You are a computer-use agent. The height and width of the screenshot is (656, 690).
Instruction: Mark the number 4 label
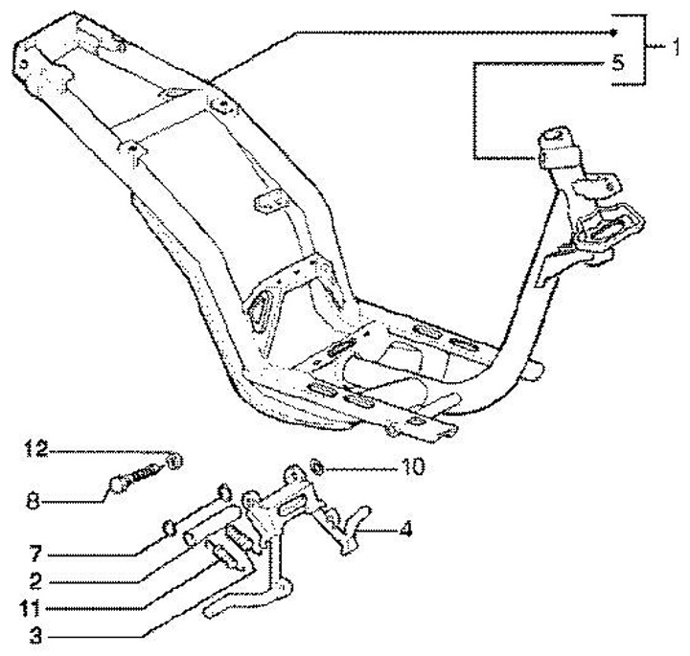(405, 527)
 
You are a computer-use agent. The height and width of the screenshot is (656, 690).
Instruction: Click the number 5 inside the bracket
(617, 63)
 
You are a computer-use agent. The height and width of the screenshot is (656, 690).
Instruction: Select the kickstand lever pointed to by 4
(350, 527)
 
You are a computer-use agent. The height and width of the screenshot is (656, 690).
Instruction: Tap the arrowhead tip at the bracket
(611, 33)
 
